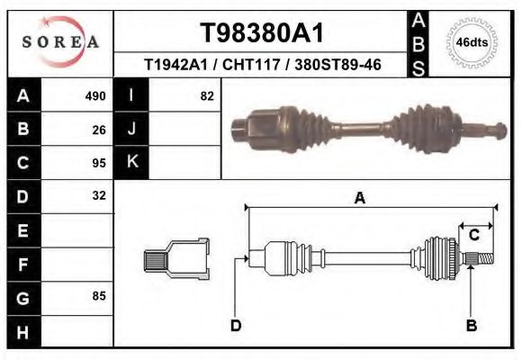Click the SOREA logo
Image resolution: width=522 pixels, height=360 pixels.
coord(60,42)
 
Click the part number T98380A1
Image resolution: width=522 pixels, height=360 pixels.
coord(261,33)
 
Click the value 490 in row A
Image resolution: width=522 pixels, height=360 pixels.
coord(95,96)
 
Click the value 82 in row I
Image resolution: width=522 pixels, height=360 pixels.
coord(206,96)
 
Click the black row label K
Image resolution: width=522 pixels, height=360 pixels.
coord(131,163)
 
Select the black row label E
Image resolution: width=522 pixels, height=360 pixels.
coord(22,230)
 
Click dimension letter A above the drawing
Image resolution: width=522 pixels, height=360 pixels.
coord(359,198)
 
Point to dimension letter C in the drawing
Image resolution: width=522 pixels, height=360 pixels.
coord(473,235)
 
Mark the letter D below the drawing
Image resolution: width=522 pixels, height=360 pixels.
coord(236,326)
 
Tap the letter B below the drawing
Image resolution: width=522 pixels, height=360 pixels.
coord(471,326)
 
